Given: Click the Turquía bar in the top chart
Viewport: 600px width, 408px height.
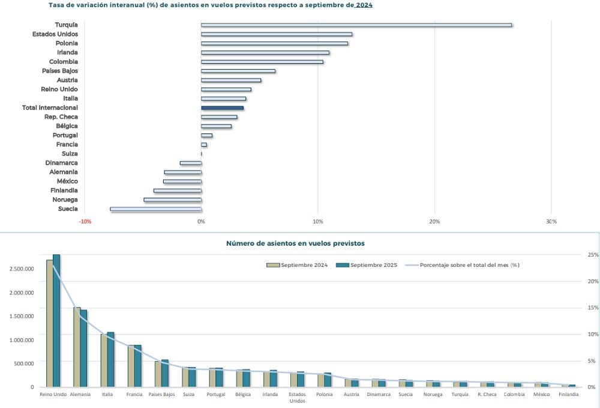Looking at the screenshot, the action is coord(356,25).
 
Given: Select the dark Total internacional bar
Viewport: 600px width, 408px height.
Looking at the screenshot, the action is coord(223,108).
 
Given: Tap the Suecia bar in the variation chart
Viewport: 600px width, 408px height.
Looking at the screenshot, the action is coord(156,209).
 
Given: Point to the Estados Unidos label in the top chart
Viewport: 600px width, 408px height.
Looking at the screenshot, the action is coord(55,34).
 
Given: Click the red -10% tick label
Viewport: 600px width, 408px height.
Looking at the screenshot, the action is coord(85,222).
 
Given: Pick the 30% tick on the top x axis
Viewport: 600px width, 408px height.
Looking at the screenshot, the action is coord(551,222).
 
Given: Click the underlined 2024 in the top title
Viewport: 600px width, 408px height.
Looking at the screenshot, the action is coord(364,5).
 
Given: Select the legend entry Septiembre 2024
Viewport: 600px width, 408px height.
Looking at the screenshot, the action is coord(297,265).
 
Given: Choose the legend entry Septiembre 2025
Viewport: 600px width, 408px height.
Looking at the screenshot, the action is coord(367,265).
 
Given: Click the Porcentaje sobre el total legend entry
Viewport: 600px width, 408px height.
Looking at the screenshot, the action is coord(462,265).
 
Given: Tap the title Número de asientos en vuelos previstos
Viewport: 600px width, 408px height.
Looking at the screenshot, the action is coord(295,243).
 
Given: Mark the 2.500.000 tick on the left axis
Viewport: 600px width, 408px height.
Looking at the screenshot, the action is coord(22,269).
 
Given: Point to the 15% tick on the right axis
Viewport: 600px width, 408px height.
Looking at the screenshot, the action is coord(593,308).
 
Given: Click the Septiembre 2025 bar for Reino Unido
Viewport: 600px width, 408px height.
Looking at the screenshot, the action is coord(56,321).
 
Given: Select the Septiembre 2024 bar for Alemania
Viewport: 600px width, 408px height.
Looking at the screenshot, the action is coord(77,347).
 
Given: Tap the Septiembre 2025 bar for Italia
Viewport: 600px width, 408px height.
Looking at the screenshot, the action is coord(110,360).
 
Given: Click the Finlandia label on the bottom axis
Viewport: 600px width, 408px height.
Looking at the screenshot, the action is coord(569,394).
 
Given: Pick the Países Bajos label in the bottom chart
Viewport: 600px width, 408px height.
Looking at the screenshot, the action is coord(161,394).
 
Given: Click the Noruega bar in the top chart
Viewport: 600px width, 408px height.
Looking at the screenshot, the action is coord(173,199).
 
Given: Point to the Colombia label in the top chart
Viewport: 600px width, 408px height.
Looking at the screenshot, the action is coord(64,62).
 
